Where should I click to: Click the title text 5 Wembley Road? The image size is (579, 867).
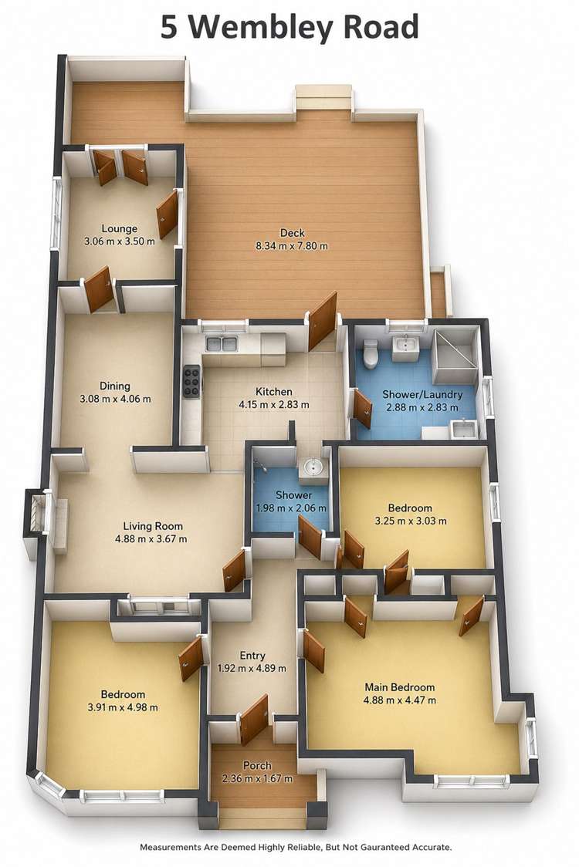click(289, 27)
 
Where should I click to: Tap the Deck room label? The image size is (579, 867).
click(292, 233)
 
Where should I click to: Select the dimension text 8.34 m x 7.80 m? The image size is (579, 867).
click(292, 246)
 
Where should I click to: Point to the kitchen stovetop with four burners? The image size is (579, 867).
click(191, 381)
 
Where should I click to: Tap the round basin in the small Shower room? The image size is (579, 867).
click(312, 467)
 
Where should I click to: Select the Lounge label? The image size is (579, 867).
click(119, 228)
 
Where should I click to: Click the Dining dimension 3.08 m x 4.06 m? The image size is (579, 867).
click(115, 399)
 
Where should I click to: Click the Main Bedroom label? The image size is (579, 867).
click(399, 687)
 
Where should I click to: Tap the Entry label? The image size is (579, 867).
click(252, 656)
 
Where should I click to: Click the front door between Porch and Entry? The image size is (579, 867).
click(253, 720)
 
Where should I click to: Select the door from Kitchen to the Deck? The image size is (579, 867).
click(323, 321)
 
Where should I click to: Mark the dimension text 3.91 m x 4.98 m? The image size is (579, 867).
click(122, 707)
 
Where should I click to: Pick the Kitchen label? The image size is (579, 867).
click(274, 391)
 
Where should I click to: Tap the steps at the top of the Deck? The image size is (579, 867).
click(323, 100)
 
